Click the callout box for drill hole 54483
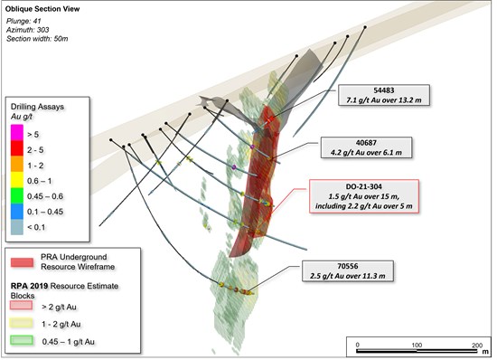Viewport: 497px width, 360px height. pos(384,95)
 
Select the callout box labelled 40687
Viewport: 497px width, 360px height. pos(366,147)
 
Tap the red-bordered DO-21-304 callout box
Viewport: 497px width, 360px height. pos(364,196)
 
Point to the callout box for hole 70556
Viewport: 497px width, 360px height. pos(348,270)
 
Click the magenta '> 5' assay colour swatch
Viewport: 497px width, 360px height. pos(17,133)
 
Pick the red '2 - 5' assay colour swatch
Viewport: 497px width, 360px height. pos(17,148)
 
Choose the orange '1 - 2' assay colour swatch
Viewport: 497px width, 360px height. pos(17,164)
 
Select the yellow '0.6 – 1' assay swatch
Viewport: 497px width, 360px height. pos(17,180)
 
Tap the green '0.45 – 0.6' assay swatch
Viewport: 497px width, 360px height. pos(17,195)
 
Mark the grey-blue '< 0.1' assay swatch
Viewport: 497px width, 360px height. pos(17,227)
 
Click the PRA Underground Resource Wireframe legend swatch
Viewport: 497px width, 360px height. pos(22,262)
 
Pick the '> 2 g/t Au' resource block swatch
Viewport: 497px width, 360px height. pos(22,305)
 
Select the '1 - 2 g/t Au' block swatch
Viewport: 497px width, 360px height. pos(22,323)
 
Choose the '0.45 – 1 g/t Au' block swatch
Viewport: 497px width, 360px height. pos(22,340)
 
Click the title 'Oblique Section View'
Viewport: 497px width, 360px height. pos(42,9)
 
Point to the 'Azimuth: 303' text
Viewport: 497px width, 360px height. pos(28,30)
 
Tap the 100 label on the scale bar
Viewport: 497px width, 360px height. pos(417,346)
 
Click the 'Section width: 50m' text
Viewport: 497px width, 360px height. pos(37,39)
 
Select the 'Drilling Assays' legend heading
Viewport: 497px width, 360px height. pos(37,107)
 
